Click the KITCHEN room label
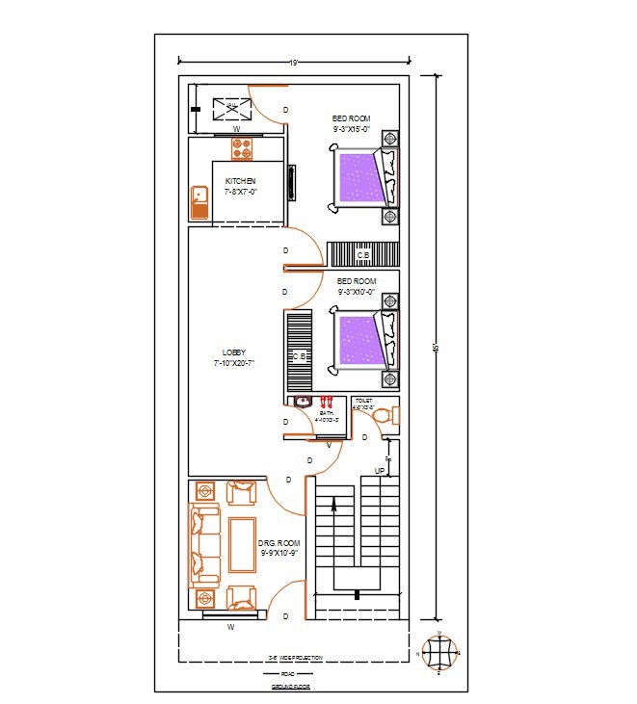pyautogui.click(x=240, y=181)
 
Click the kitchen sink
pyautogui.click(x=199, y=202)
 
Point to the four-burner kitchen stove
pyautogui.click(x=241, y=148)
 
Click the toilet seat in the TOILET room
pyautogui.click(x=383, y=417)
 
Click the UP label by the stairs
pyautogui.click(x=380, y=470)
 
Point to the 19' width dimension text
pyautogui.click(x=294, y=63)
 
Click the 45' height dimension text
pyautogui.click(x=436, y=348)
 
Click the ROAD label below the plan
pyautogui.click(x=288, y=674)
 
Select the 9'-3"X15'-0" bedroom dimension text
pyautogui.click(x=352, y=128)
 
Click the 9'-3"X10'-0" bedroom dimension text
pyautogui.click(x=356, y=291)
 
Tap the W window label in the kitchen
pyautogui.click(x=236, y=127)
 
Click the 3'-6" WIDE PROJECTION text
pyautogui.click(x=295, y=658)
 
